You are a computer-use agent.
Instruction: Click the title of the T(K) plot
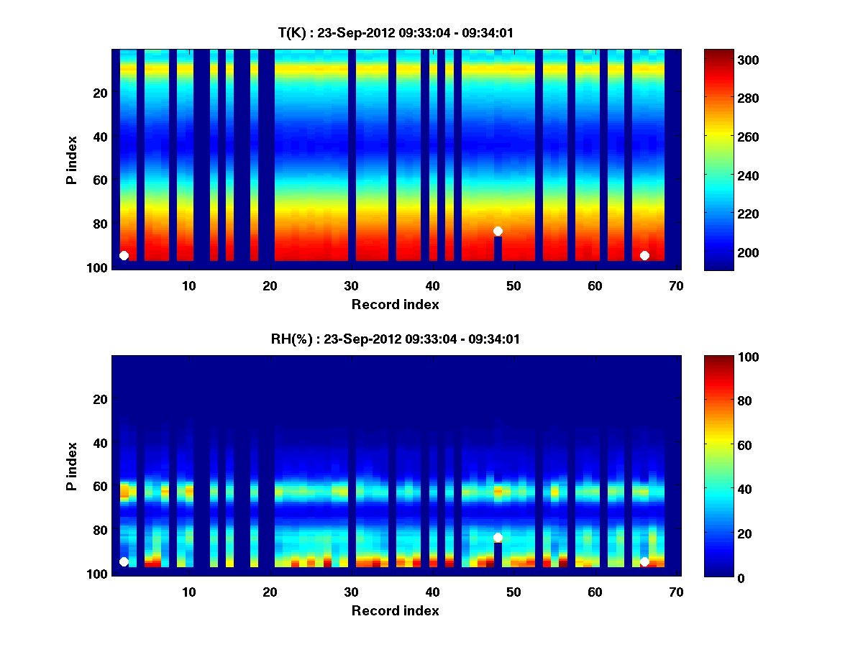(x=396, y=32)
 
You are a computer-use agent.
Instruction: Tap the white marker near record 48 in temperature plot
(x=498, y=231)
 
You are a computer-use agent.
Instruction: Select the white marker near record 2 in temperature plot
(x=124, y=255)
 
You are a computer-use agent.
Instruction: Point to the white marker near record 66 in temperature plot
(x=644, y=255)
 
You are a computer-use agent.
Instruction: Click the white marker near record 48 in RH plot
(x=498, y=537)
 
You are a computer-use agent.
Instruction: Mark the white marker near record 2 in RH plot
(x=124, y=561)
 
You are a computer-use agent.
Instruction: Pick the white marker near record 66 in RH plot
(x=644, y=561)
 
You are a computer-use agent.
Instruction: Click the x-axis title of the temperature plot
(x=395, y=304)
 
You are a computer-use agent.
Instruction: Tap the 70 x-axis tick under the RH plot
(x=676, y=592)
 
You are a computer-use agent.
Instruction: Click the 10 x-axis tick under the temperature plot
(x=188, y=285)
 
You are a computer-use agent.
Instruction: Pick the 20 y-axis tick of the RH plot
(x=100, y=399)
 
